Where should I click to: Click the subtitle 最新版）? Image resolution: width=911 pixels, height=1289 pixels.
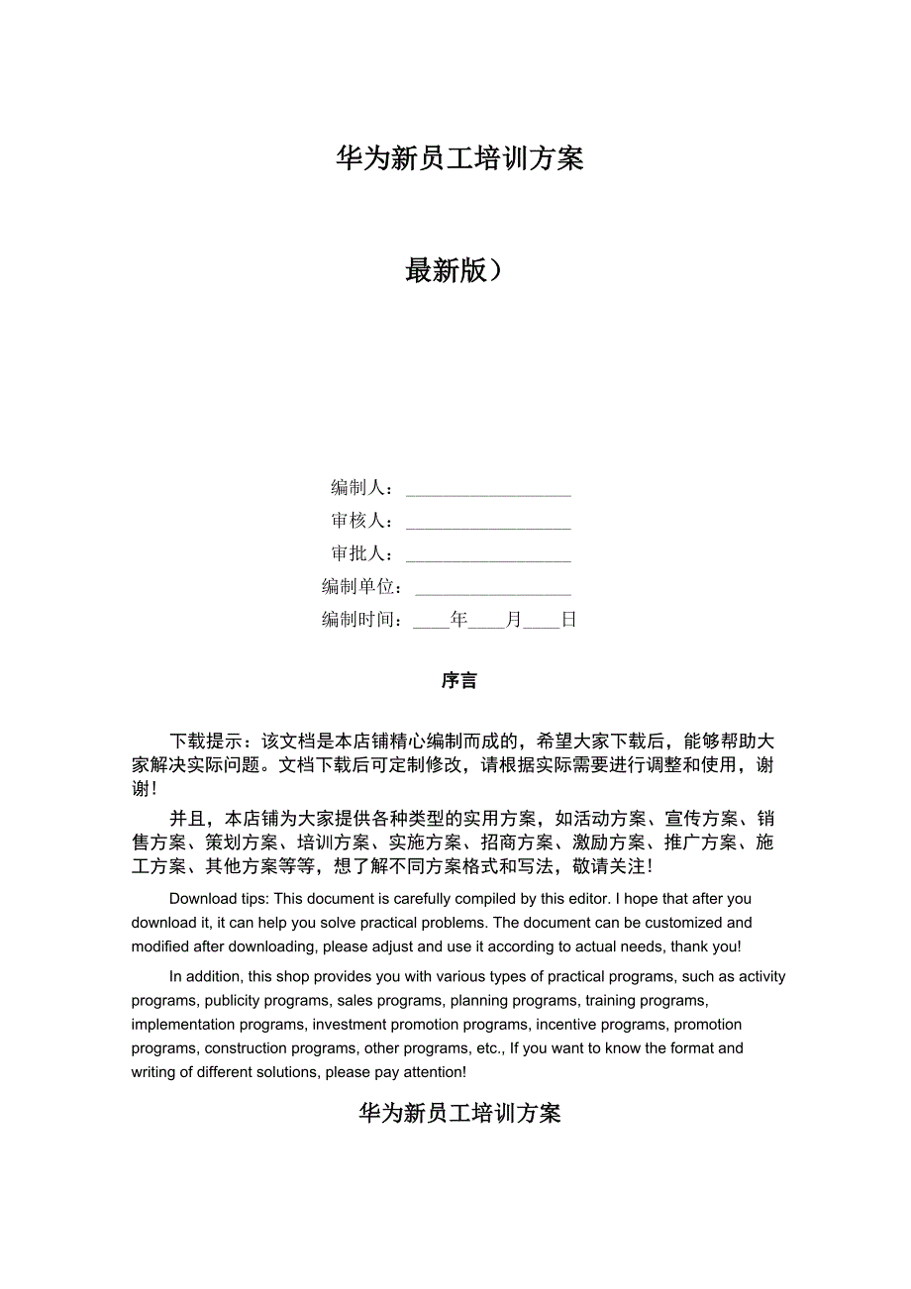point(454,270)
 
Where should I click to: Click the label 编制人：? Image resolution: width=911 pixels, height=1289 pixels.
point(363,488)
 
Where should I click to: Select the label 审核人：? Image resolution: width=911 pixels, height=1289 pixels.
point(363,521)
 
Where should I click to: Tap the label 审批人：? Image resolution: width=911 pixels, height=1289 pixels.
point(363,554)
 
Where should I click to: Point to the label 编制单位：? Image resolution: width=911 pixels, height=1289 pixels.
point(363,587)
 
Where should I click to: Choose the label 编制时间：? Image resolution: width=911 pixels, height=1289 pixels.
point(363,621)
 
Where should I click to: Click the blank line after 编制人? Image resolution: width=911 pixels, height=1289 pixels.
point(488,492)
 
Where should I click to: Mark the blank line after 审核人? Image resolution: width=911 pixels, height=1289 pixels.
point(488,526)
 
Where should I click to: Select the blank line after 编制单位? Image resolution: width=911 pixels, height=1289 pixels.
point(493,592)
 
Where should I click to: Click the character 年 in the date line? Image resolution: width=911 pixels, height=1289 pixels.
point(458,621)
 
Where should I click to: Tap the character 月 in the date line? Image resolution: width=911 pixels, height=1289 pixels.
point(513,621)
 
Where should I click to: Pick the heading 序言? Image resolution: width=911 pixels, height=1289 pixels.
point(459,681)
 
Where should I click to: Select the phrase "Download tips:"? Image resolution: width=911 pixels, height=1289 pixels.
point(219,899)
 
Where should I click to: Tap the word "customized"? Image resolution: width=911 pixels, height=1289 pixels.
point(683,923)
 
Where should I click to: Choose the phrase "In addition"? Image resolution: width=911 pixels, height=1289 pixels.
point(204,976)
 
